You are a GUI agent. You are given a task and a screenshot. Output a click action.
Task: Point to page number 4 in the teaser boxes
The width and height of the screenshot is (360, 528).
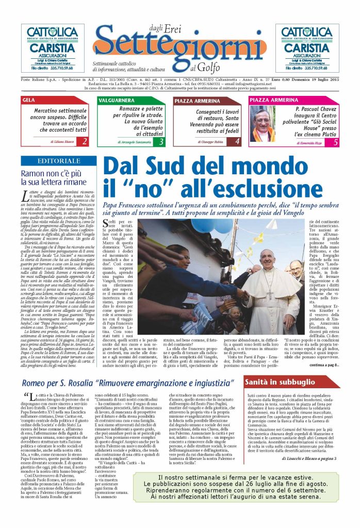click(237, 141)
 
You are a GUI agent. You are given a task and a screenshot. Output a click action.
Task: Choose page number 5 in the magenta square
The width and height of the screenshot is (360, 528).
click(335, 141)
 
